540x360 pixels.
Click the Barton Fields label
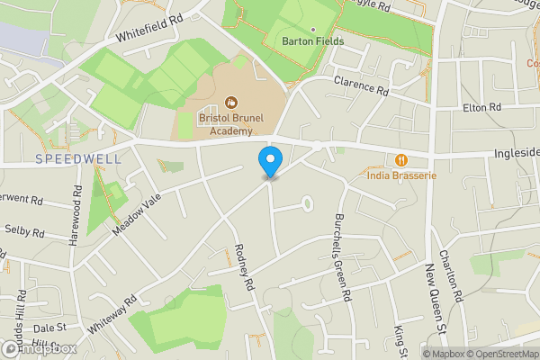[312, 41]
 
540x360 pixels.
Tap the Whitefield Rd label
[149, 29]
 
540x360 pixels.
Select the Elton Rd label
[481, 107]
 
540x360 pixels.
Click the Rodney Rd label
[241, 268]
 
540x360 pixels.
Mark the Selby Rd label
[23, 232]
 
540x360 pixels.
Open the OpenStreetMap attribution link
[501, 354]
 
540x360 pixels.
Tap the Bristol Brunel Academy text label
[231, 123]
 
